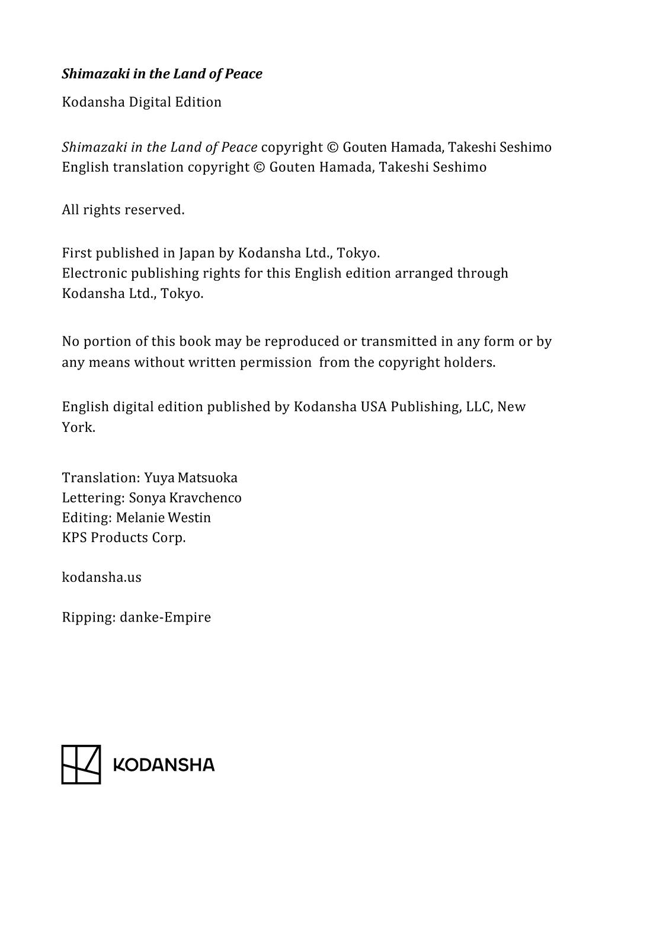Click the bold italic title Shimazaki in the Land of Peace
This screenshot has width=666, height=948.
point(162,74)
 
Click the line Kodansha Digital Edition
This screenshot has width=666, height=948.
point(142,102)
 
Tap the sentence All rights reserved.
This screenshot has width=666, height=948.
point(123,210)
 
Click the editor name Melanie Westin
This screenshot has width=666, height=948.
point(164,518)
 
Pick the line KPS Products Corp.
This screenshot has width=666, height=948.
point(124,538)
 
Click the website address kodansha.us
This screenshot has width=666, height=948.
point(101,578)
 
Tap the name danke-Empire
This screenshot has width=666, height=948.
point(165,617)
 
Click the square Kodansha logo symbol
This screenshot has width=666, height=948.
point(81,764)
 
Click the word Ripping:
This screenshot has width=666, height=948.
point(88,618)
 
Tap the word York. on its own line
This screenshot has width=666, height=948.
point(78,428)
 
